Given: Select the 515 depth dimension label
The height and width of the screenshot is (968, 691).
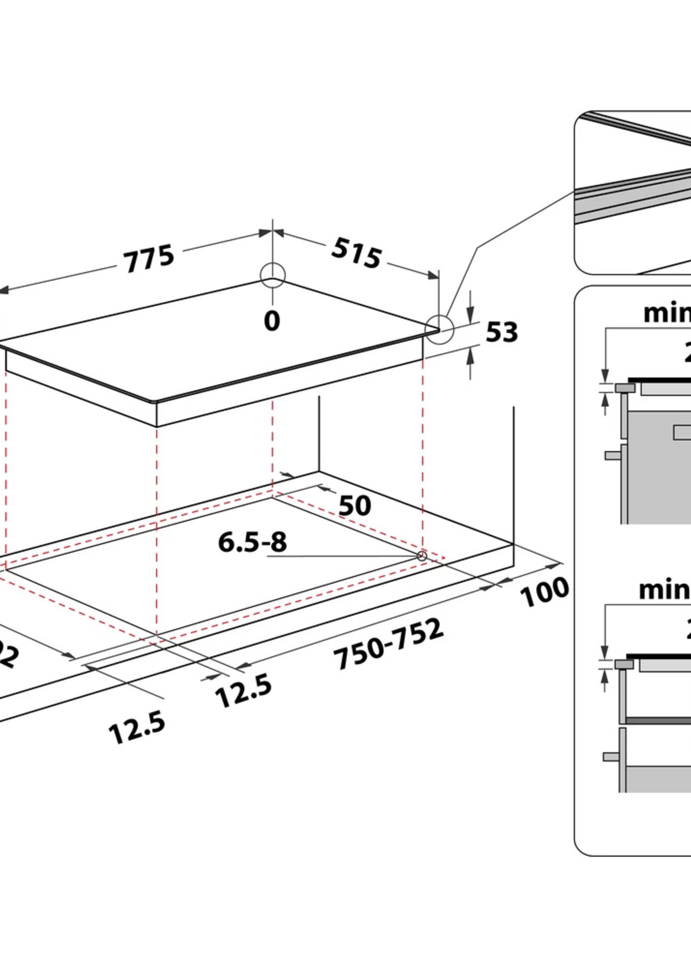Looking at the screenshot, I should click(x=356, y=254).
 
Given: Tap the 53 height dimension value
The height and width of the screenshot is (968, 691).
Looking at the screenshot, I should click(x=502, y=332).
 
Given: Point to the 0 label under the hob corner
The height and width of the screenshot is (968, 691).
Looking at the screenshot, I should click(x=272, y=321).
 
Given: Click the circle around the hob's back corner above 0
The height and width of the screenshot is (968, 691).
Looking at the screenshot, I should click(x=273, y=275).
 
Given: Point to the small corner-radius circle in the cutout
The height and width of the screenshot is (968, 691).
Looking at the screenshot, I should click(x=422, y=556).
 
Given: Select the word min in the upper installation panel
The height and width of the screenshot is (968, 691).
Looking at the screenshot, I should click(x=666, y=313).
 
